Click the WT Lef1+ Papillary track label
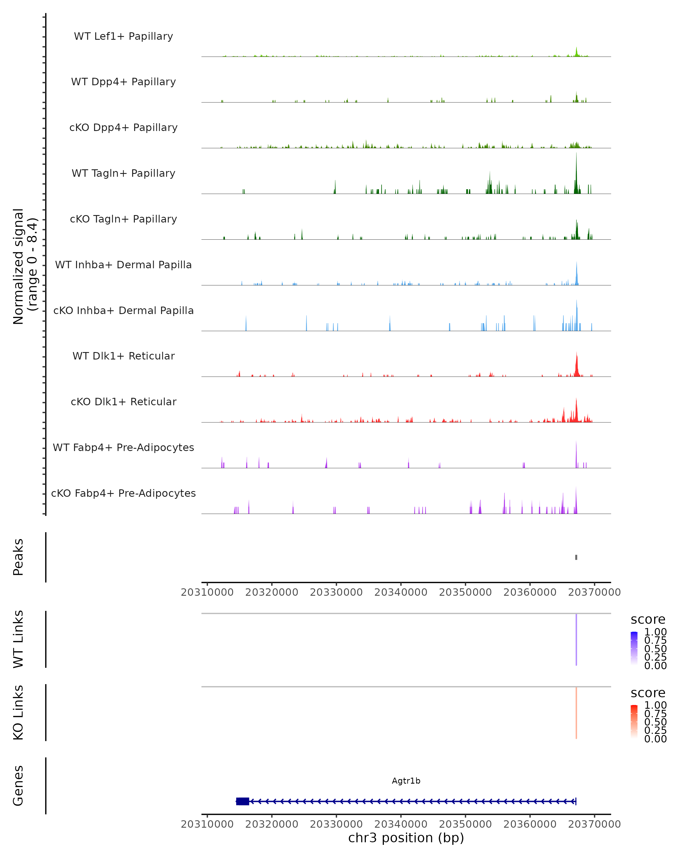123,36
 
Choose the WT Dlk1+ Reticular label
123,356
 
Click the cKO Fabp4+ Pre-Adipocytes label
123,493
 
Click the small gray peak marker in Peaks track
576,557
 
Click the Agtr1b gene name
406,781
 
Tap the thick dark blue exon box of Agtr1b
242,801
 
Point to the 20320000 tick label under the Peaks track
272,592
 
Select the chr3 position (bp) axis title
406,838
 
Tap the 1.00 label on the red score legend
655,705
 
